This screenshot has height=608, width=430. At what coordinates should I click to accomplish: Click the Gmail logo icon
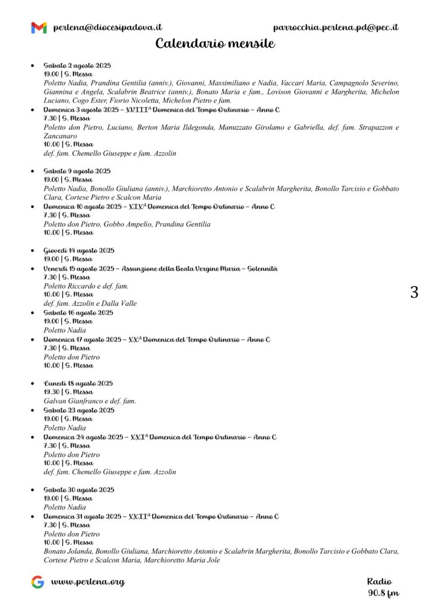click(x=39, y=27)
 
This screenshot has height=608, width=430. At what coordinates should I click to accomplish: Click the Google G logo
click(x=38, y=582)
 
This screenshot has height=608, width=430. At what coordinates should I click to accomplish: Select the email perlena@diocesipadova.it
click(x=107, y=27)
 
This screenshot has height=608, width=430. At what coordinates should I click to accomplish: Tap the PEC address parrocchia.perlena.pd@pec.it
click(x=336, y=27)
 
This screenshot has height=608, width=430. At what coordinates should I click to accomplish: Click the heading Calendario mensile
click(x=215, y=44)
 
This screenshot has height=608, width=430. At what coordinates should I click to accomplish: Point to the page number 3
click(x=414, y=292)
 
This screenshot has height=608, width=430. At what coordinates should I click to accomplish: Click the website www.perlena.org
click(x=88, y=582)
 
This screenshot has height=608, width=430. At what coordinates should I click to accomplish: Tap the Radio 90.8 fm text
click(x=382, y=587)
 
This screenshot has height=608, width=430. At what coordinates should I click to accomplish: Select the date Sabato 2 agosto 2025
click(x=77, y=65)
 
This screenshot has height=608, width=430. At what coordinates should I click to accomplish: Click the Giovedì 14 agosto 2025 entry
click(x=79, y=251)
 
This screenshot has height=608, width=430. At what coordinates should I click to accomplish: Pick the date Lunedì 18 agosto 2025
click(x=78, y=384)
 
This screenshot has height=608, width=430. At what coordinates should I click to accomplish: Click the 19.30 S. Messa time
click(x=68, y=392)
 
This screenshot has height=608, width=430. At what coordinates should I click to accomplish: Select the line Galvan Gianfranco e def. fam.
click(x=90, y=401)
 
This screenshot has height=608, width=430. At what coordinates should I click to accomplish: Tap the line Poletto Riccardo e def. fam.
click(x=86, y=286)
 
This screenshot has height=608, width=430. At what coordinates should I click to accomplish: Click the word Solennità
click(x=260, y=268)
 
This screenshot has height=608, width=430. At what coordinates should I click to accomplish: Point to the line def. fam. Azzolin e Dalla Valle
click(x=90, y=303)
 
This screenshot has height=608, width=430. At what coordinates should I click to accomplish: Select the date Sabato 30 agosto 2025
click(x=79, y=490)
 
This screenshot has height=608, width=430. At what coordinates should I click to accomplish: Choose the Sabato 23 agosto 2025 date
click(x=79, y=410)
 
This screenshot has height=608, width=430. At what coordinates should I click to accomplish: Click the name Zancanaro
click(x=61, y=136)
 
